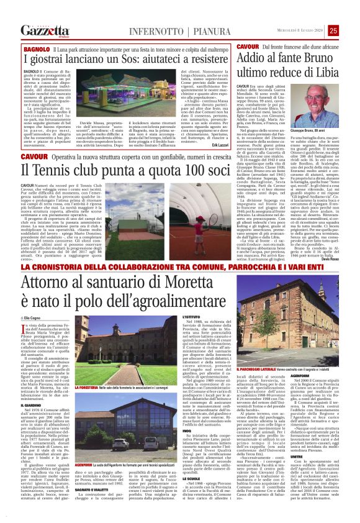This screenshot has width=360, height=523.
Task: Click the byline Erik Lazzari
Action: (218, 145)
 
